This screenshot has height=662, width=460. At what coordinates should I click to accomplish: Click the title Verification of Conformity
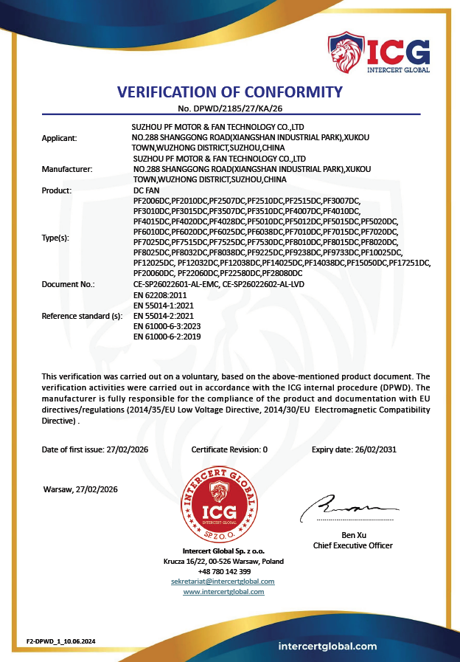230,92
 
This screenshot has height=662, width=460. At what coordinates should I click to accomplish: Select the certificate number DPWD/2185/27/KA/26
230,108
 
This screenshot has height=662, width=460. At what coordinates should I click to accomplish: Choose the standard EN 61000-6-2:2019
167,336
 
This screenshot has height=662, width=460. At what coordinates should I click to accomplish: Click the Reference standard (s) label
82,315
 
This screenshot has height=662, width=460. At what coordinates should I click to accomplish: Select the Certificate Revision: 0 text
229,449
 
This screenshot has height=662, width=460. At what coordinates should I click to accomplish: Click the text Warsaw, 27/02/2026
80,489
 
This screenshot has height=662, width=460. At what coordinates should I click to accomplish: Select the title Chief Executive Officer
352,545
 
